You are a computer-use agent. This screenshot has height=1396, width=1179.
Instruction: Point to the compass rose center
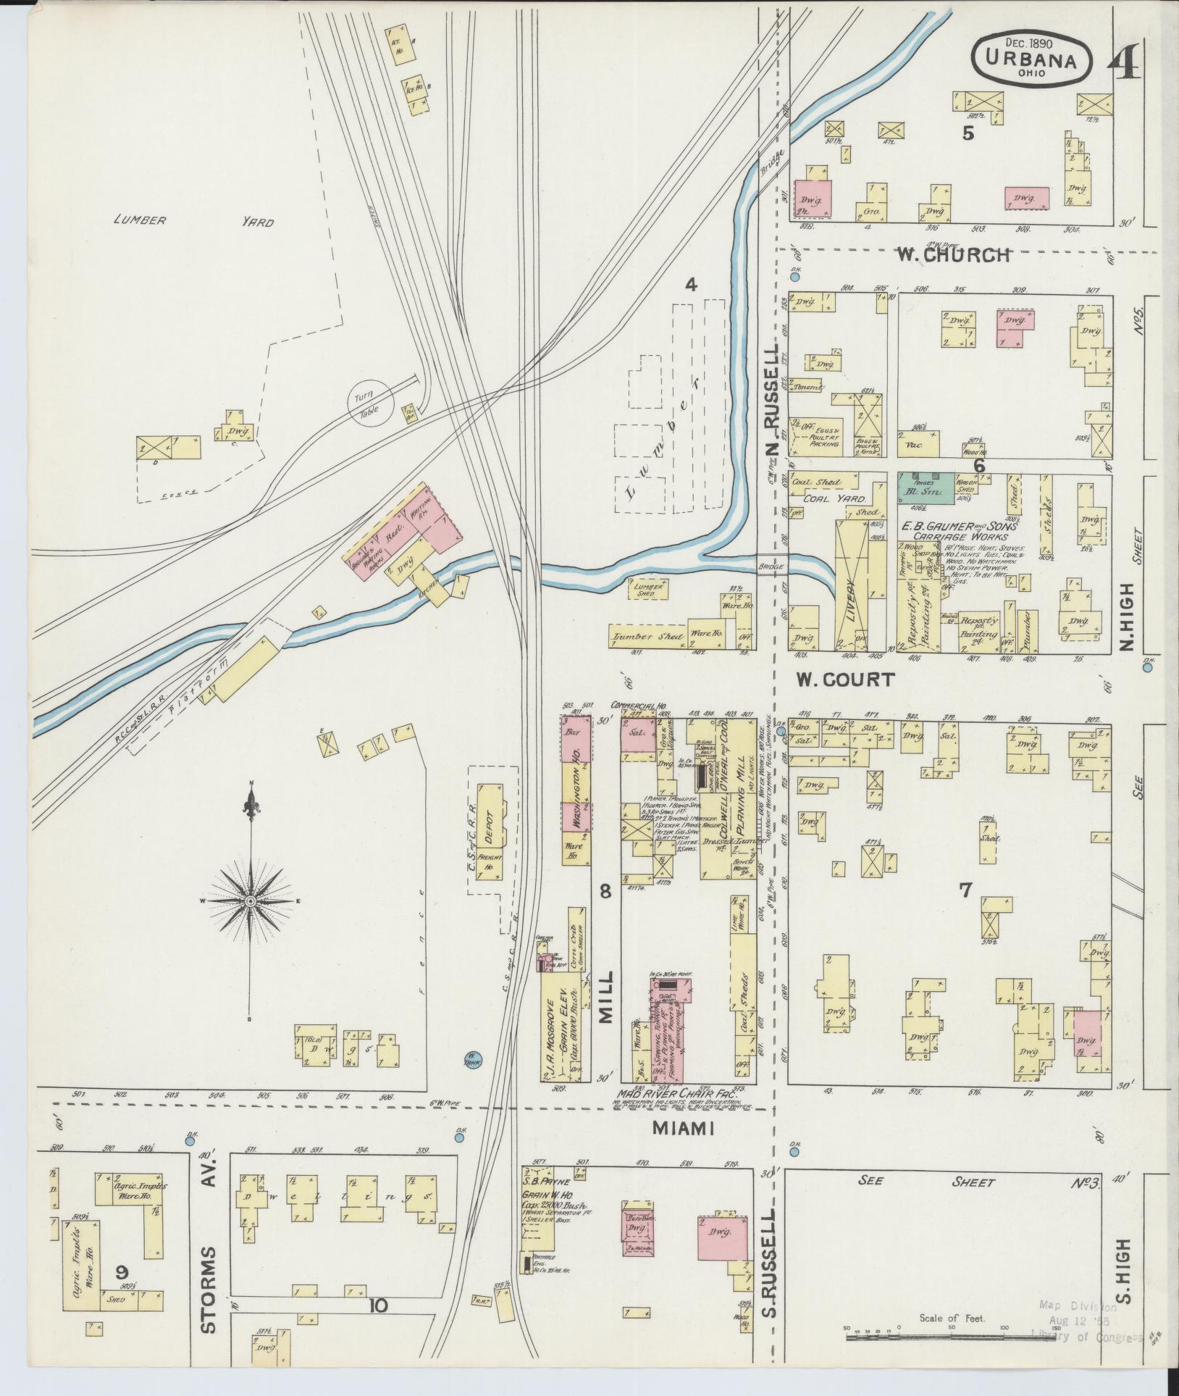[251, 900]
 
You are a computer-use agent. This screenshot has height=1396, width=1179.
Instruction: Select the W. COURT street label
[846, 680]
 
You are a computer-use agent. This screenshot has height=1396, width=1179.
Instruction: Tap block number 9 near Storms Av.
[122, 1272]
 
